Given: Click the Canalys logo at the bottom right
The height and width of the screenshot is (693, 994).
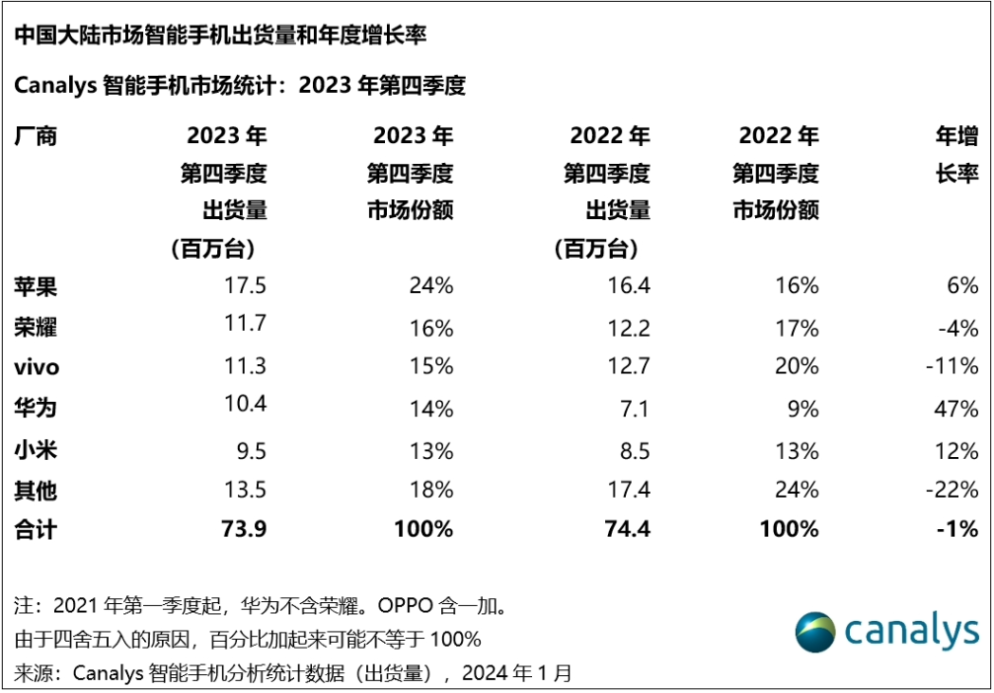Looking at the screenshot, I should coord(886,631).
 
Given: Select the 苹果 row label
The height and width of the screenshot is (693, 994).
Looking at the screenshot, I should coord(36,286).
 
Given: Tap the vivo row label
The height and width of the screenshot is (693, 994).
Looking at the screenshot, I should coord(37,367).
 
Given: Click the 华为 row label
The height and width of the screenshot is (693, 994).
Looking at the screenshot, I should coord(36,408).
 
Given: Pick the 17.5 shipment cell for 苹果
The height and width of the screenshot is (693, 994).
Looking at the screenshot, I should coord(246,286).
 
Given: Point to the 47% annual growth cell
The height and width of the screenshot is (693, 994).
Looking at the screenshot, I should coord(956,408).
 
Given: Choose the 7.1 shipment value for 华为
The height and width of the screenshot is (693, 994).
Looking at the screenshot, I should coord(636,408).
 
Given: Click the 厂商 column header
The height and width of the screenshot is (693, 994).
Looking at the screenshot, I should coord(36,136).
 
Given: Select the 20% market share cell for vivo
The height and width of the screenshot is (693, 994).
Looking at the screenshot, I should coord(797,367).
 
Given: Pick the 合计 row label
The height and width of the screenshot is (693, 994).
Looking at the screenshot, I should coord(36,529).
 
